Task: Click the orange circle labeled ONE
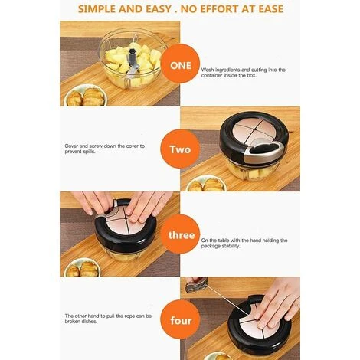(181, 65)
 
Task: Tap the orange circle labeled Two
(180, 149)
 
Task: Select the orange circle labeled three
(181, 234)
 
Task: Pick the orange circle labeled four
(180, 320)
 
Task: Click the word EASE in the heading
(270, 9)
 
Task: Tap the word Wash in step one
(208, 70)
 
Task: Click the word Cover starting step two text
(71, 146)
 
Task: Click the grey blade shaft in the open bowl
(134, 61)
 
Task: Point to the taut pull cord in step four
(227, 300)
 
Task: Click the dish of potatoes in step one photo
(86, 96)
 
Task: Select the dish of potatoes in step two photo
(206, 184)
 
